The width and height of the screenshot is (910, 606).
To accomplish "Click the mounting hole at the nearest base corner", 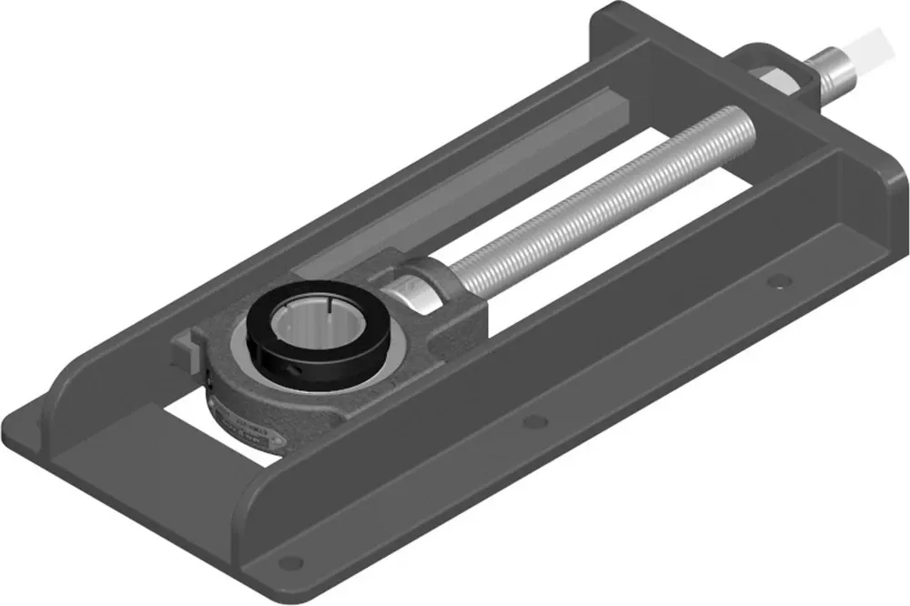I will pyautogui.click(x=289, y=561).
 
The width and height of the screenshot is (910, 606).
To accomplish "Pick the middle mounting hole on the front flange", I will pyautogui.click(x=536, y=420).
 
